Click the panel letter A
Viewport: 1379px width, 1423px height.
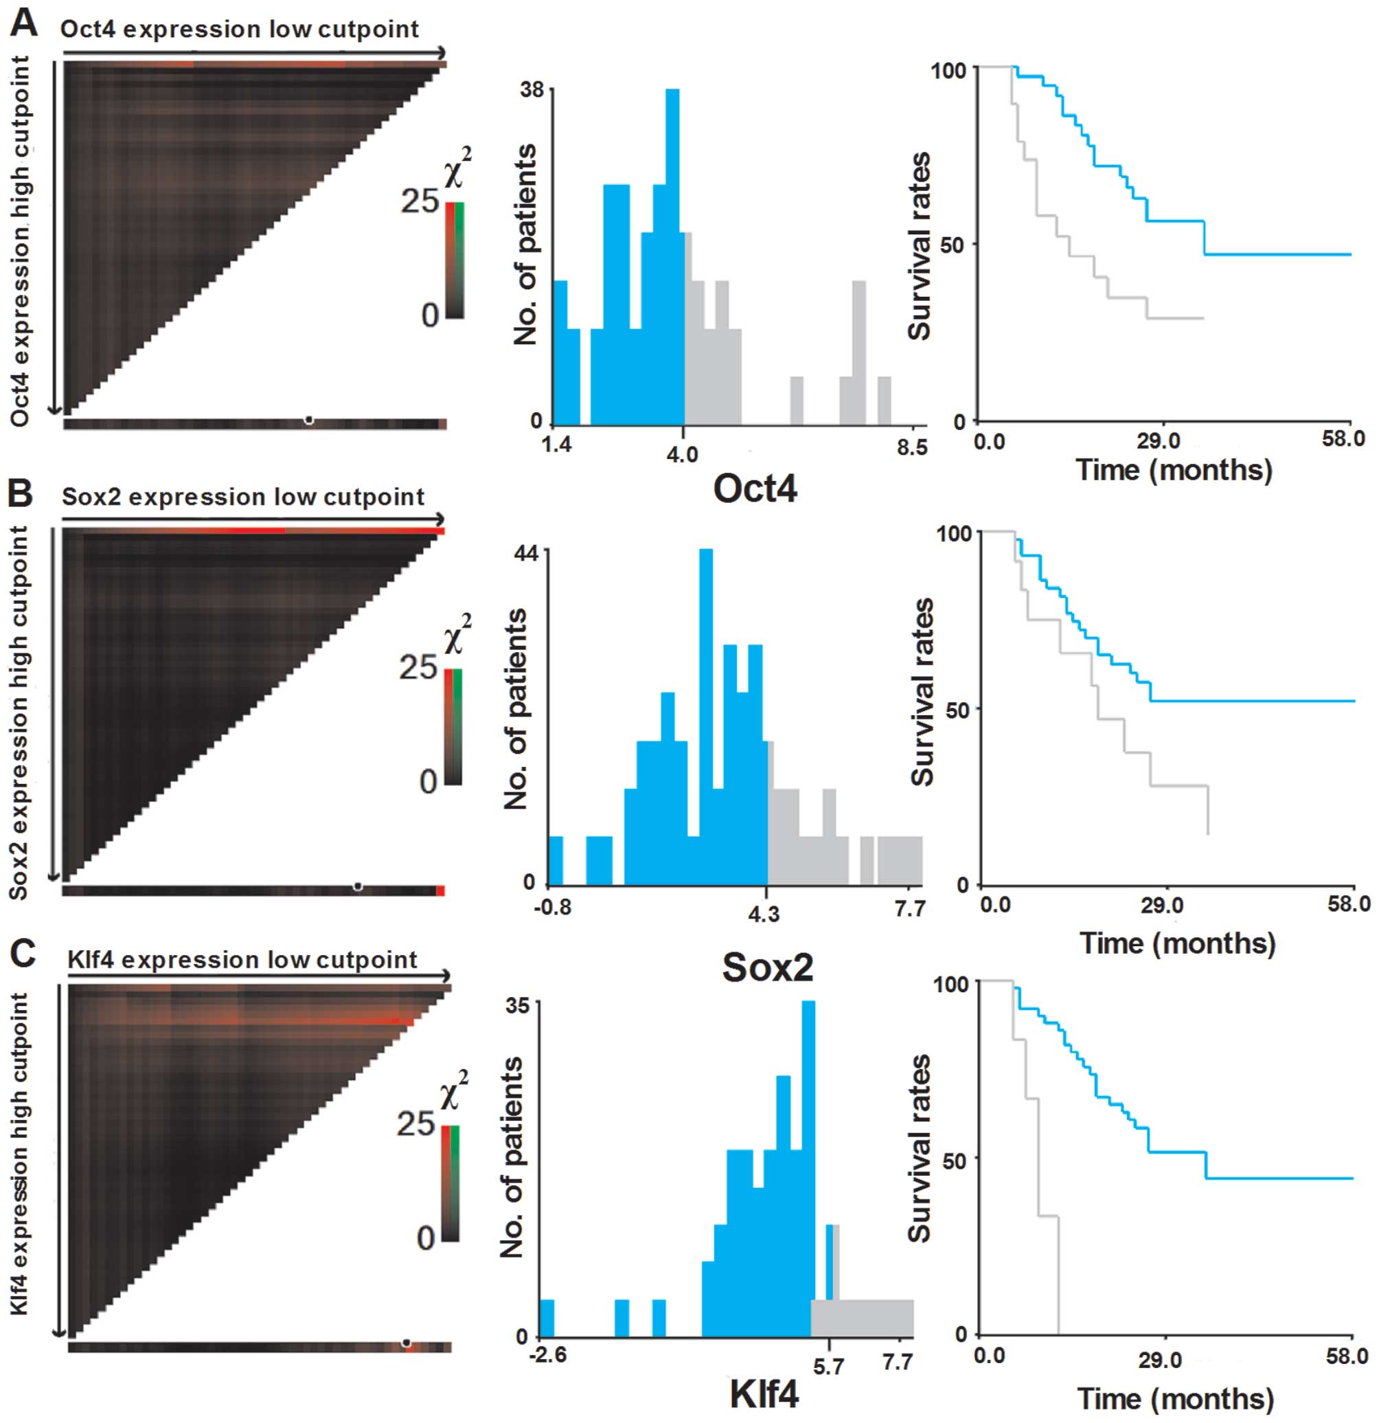[x=23, y=25]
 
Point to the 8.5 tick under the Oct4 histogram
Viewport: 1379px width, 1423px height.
[x=912, y=447]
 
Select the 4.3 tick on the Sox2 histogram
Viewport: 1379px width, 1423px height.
[x=764, y=913]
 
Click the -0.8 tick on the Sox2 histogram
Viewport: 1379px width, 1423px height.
[x=552, y=908]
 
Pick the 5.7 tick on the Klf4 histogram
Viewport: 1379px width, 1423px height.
[x=828, y=1367]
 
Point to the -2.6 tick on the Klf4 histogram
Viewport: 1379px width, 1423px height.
[x=549, y=1356]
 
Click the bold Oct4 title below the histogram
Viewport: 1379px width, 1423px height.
[x=755, y=489]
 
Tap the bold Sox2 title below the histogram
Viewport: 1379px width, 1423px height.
[x=767, y=967]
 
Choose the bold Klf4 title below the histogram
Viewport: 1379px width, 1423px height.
[x=764, y=1395]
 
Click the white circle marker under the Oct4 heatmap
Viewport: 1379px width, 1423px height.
[x=309, y=421]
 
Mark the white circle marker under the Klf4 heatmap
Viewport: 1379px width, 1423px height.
[x=407, y=1343]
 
